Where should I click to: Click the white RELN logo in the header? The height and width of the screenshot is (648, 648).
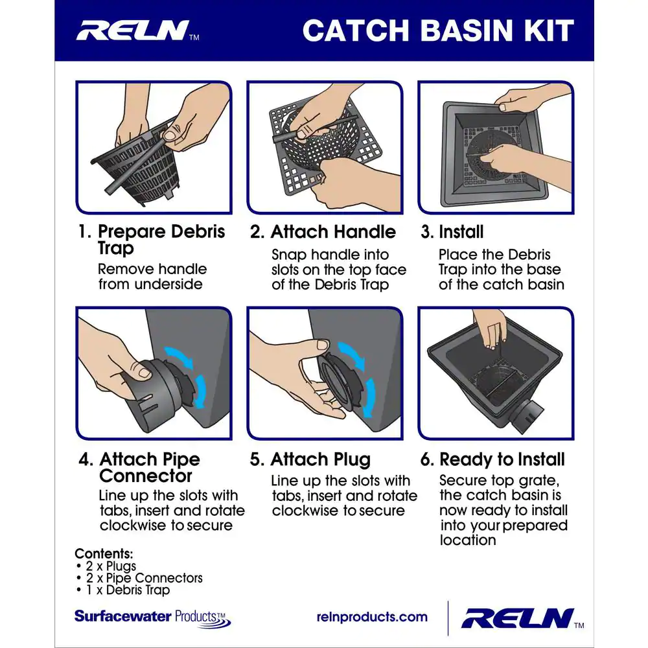pos(133,30)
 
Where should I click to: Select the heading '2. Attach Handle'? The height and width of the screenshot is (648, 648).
pos(323,232)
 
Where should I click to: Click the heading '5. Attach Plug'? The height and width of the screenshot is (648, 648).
pos(310,459)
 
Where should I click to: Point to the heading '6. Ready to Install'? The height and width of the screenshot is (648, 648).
pos(492,459)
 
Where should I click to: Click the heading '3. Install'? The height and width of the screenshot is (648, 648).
pos(452,232)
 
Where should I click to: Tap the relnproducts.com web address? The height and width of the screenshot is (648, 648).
pos(372,617)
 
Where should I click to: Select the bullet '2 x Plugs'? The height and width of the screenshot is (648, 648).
pos(107,566)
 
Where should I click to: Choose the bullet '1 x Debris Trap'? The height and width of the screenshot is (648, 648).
pos(123,590)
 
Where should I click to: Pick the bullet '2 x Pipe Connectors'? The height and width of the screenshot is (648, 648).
pos(140,578)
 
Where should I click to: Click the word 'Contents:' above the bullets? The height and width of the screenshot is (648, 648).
pos(104,553)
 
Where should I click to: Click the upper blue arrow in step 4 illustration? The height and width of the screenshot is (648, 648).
pos(179,356)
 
